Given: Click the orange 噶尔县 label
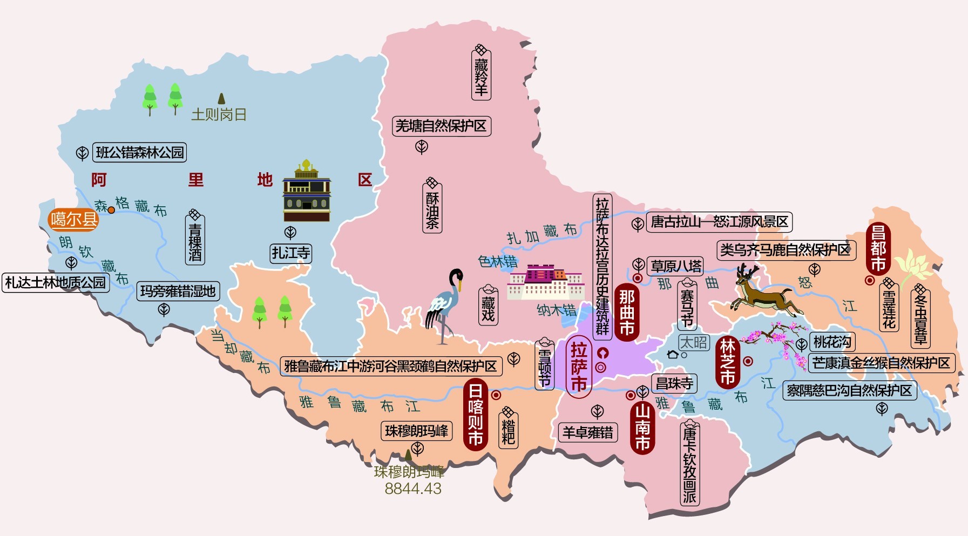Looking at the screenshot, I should [x=74, y=219].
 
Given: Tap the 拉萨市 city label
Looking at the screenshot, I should [x=579, y=367].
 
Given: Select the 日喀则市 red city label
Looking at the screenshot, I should [x=475, y=414].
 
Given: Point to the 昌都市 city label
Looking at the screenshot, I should [x=878, y=248].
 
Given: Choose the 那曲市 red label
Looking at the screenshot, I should [x=626, y=312].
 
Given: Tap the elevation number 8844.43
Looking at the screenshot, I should [x=413, y=489].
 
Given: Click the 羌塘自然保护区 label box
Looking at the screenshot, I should [x=441, y=126].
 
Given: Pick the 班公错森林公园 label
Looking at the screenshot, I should [x=140, y=153].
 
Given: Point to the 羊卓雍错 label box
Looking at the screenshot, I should [x=587, y=432].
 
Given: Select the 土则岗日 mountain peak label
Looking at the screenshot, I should [x=219, y=114].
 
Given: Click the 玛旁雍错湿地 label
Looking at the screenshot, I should [x=178, y=291].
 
